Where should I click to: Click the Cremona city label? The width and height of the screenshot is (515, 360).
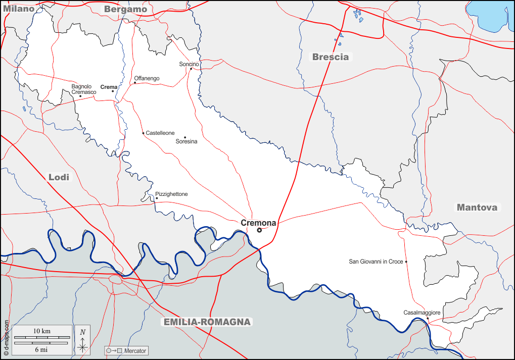258,223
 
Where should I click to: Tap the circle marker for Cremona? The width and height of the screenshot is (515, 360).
259,230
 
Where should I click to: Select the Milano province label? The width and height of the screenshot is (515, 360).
18,9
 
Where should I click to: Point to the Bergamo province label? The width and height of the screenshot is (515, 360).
125,9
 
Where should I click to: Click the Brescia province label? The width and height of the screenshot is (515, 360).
331,57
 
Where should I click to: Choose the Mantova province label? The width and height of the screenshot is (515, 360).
477,207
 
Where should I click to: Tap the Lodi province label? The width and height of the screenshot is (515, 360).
59,177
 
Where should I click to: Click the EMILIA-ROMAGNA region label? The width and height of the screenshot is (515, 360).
207,322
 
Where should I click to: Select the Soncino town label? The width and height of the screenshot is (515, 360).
189,64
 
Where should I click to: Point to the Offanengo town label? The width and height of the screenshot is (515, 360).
147,78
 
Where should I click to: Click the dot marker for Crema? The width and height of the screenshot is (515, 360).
113,91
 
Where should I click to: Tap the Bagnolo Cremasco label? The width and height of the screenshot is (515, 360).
83,89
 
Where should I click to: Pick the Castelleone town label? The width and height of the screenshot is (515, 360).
160,133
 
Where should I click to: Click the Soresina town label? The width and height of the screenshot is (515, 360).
186,141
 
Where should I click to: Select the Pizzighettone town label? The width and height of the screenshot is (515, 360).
171,194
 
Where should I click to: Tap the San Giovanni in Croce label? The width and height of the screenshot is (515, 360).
376,262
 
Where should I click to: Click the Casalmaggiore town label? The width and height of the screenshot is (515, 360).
422,313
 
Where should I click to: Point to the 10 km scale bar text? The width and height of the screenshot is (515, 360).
42,331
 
